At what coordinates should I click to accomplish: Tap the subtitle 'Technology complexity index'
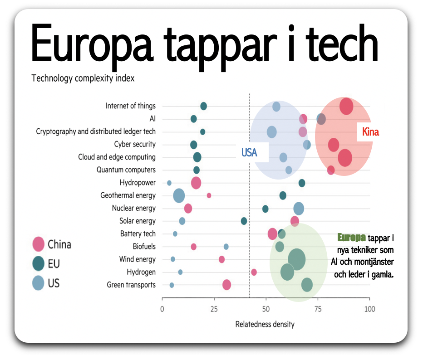click(83, 78)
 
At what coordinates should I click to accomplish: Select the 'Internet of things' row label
click(130, 106)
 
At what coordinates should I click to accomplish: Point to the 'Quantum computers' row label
click(126, 170)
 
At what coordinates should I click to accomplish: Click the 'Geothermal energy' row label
click(128, 195)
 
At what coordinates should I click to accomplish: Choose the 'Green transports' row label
click(131, 285)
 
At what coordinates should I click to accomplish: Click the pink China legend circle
click(39, 244)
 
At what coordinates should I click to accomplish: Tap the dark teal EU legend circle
click(39, 263)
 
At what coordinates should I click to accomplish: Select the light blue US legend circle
click(39, 283)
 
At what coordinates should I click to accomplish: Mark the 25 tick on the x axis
click(214, 309)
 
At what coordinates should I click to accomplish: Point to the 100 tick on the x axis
click(369, 309)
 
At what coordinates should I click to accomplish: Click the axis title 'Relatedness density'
click(265, 324)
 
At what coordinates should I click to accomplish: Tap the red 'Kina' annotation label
click(370, 132)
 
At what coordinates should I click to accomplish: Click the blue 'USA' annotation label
click(249, 153)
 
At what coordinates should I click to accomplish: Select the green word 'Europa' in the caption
click(351, 238)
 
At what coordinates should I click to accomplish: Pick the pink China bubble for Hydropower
click(196, 183)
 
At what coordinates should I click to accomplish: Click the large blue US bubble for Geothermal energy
click(179, 195)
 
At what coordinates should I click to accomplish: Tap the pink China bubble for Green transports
click(226, 285)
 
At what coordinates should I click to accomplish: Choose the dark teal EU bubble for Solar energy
click(244, 221)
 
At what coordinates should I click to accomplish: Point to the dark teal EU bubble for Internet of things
click(203, 106)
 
